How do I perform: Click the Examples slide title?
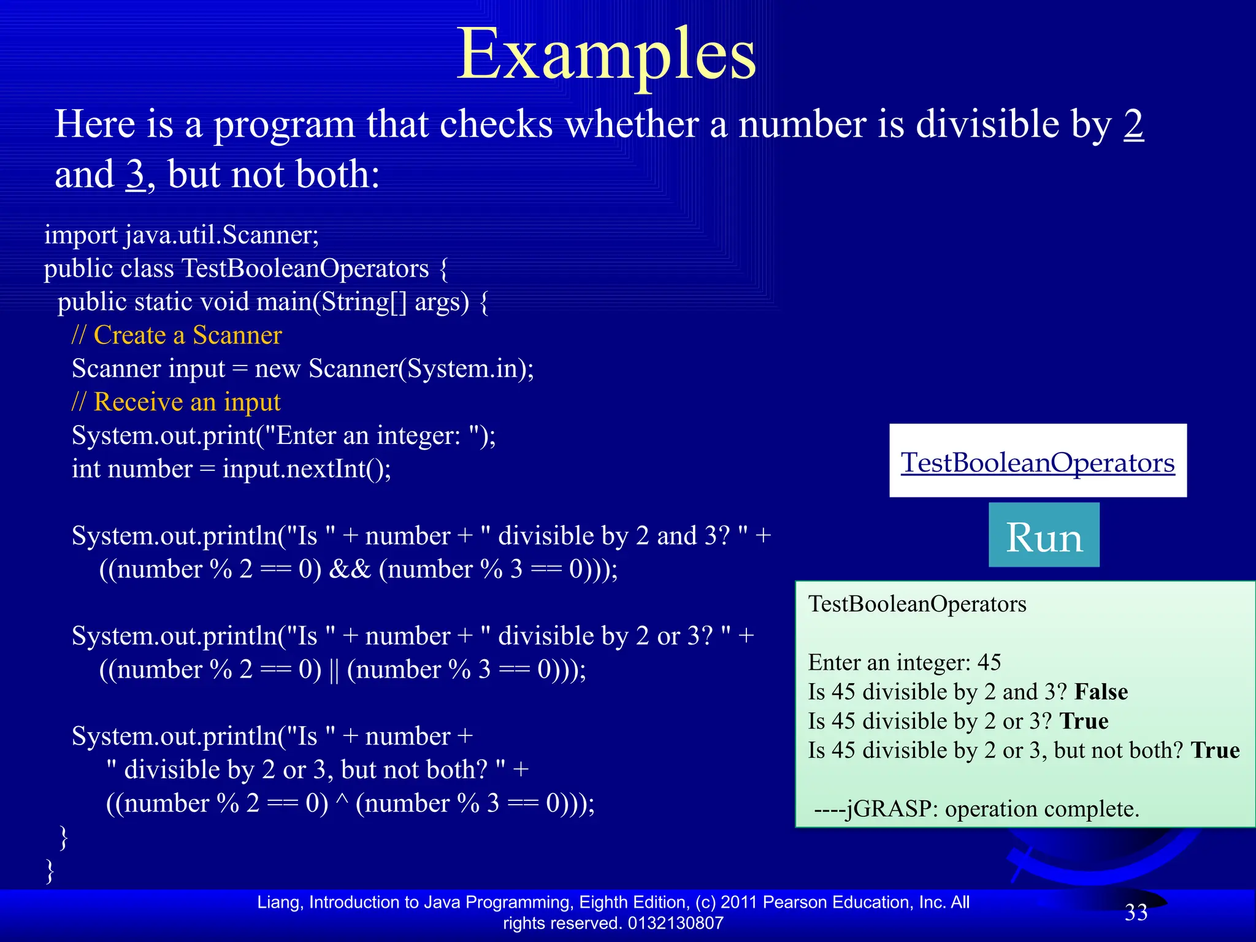coord(606,55)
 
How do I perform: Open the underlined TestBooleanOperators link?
coord(1037,462)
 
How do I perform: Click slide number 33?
coord(1136,913)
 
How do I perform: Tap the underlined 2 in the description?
coord(1133,124)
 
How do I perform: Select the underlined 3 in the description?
coord(135,175)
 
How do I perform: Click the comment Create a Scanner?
coord(177,335)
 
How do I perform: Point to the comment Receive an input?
coord(176,402)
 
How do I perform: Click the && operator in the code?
coord(350,570)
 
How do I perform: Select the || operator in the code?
coord(334,670)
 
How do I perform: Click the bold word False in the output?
coord(1101,692)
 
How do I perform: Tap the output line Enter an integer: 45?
coord(904,662)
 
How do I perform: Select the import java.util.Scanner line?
coord(182,235)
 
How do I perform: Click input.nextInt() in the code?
coord(306,469)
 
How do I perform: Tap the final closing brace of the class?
coord(50,870)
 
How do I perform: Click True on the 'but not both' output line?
coord(1215,751)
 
